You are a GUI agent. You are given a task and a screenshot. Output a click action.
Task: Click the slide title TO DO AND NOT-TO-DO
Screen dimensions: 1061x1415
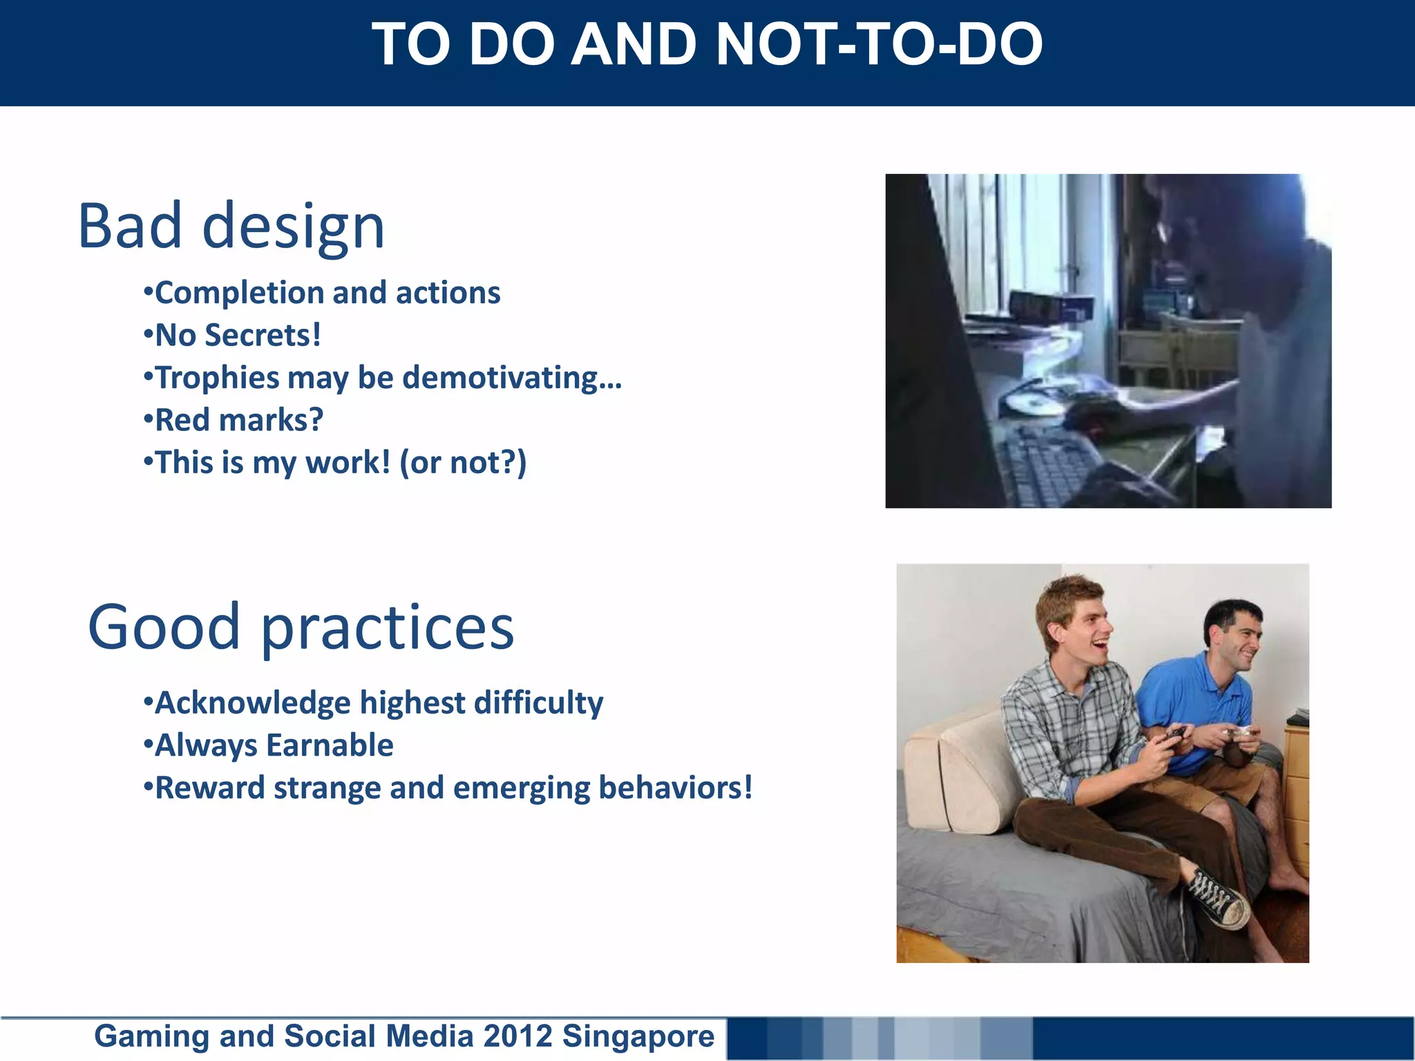tap(707, 44)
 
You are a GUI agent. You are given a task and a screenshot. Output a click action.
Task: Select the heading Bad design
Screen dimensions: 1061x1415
tap(231, 227)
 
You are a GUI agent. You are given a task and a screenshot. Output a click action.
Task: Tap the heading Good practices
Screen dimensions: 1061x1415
tap(301, 627)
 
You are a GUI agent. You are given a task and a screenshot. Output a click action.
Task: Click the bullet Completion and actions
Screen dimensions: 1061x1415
tap(322, 293)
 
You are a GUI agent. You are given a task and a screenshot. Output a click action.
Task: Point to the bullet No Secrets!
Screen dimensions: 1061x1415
tap(233, 336)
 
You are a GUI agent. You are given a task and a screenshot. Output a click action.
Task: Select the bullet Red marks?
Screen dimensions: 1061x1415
tap(234, 420)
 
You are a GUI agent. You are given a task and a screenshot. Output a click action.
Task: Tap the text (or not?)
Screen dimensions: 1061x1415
tap(463, 463)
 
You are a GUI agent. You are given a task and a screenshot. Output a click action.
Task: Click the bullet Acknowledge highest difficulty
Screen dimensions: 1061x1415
tap(373, 703)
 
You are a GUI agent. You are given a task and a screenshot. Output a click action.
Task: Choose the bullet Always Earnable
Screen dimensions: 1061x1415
tap(268, 746)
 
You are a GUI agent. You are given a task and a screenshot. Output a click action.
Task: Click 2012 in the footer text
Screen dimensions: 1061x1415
tap(518, 1036)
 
